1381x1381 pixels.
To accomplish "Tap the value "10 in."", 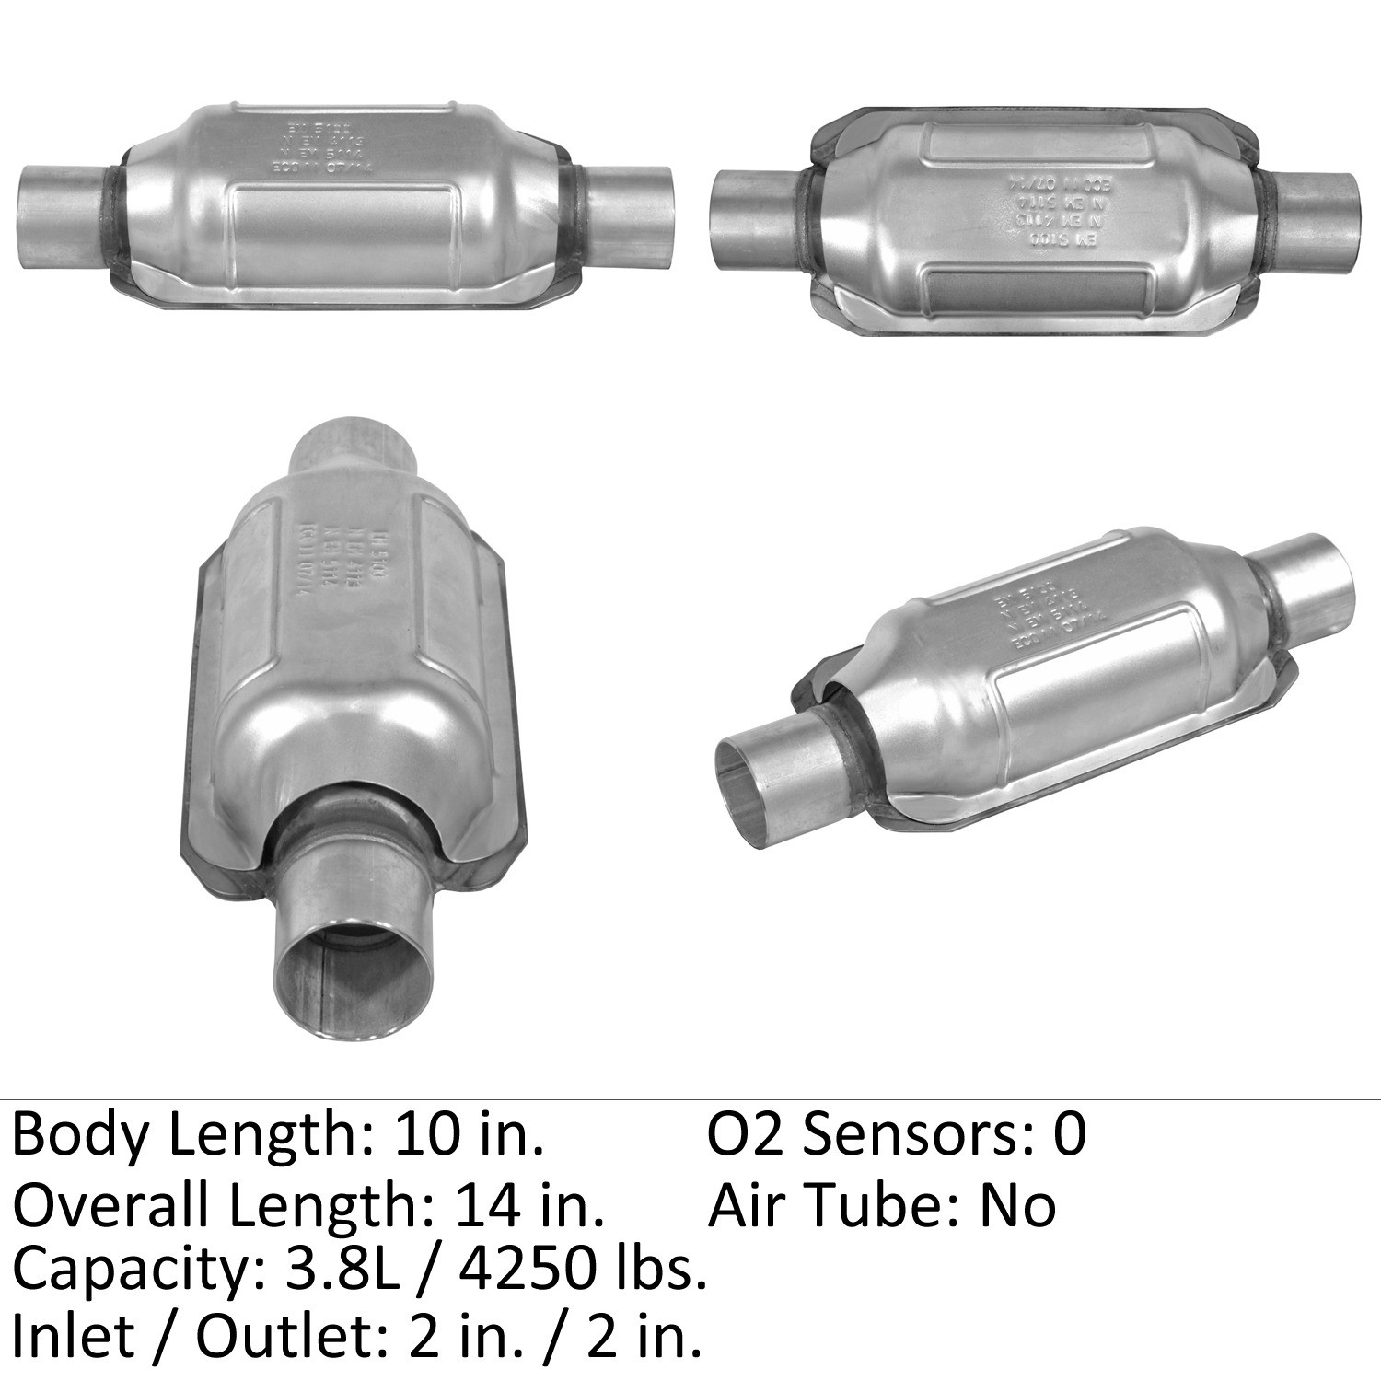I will coord(469,1134).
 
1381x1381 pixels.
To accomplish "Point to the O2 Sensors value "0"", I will coord(1070,1134).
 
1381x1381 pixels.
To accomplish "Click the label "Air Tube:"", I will coord(832,1206).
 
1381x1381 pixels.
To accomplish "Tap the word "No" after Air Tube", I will coord(1016,1206).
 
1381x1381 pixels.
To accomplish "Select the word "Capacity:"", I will coord(133,1271).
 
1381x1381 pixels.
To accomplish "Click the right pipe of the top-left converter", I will coord(631,211).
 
